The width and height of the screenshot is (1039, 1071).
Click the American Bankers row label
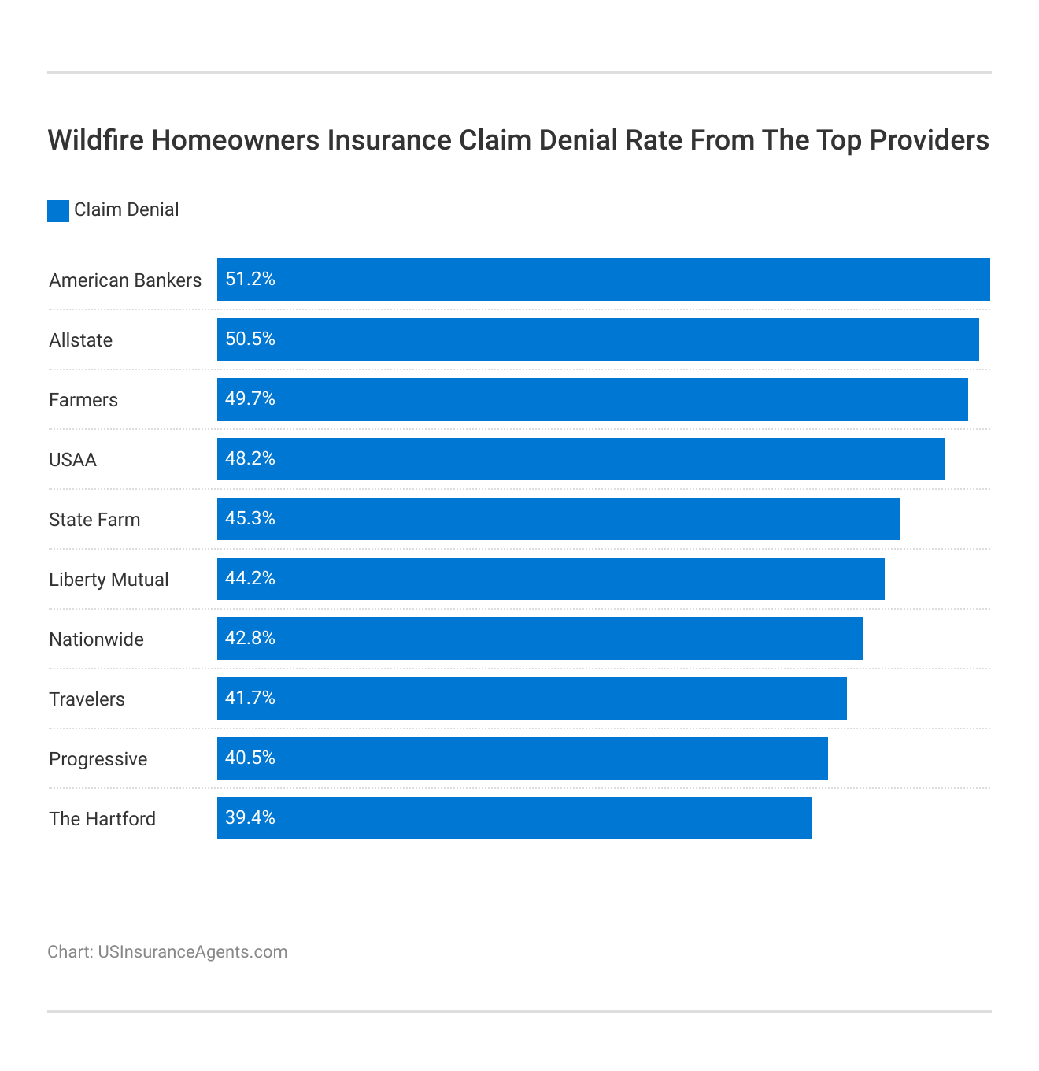(x=125, y=280)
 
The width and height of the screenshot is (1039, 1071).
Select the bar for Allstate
(x=598, y=339)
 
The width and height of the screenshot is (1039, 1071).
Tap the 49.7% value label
(x=250, y=399)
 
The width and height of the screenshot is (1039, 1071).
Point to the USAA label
(x=72, y=460)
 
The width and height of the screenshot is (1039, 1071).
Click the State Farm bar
(x=559, y=519)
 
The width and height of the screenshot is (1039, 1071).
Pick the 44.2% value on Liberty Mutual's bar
(x=250, y=579)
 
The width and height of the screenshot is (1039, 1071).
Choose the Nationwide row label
(x=96, y=639)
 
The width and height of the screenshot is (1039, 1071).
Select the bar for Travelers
(x=532, y=699)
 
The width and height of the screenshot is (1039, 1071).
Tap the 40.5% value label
(x=250, y=758)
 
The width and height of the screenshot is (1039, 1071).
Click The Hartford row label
(x=102, y=819)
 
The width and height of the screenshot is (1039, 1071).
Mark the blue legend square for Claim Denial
(x=58, y=211)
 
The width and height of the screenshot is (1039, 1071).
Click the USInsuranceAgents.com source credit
(x=192, y=952)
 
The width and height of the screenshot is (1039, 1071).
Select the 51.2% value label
(x=250, y=280)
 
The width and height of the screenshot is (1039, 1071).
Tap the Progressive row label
(x=98, y=759)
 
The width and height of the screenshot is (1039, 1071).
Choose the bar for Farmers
(x=593, y=399)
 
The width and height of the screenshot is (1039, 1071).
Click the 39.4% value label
(x=250, y=818)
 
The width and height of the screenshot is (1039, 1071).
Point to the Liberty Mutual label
(x=109, y=580)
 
